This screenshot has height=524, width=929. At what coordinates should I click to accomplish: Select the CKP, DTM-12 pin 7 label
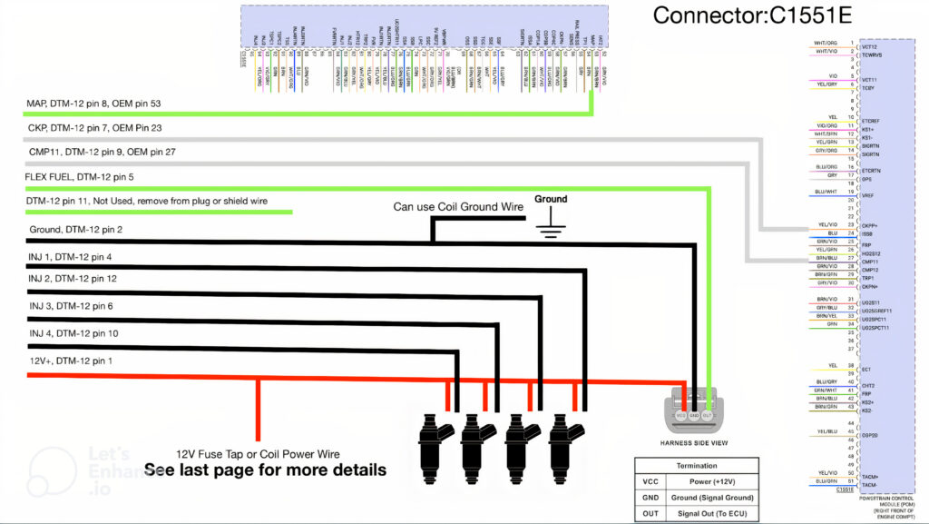(95, 129)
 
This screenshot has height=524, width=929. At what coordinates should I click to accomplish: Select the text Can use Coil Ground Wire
(458, 207)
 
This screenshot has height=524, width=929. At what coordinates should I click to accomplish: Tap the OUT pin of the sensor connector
(708, 415)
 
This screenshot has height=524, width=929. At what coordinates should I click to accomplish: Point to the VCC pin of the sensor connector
(681, 415)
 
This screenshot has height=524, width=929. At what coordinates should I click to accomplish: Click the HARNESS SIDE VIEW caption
(694, 442)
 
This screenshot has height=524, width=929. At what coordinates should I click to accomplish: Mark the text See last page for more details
(265, 470)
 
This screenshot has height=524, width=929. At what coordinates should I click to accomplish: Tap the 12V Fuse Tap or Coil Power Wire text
(259, 453)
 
